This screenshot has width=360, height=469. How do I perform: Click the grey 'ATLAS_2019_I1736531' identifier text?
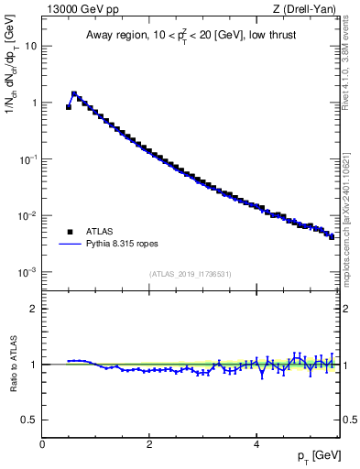point(190,274)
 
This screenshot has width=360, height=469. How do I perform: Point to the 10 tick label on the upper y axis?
point(31,46)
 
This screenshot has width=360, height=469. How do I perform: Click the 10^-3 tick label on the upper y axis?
point(27,273)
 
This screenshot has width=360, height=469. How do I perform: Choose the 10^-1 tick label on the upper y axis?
point(27,159)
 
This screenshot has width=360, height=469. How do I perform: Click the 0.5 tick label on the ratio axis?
point(29,420)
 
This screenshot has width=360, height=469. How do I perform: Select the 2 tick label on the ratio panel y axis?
point(34,309)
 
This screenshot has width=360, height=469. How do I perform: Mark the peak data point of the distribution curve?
point(74,93)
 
